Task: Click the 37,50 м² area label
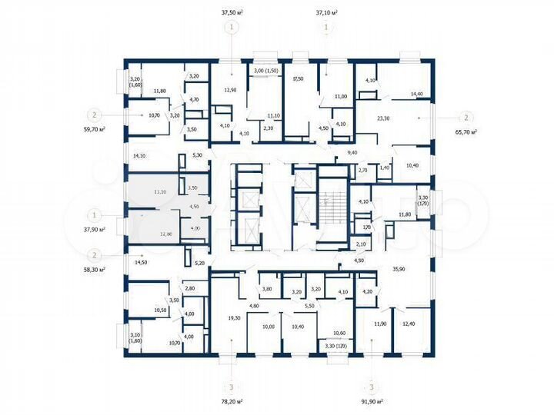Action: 231,13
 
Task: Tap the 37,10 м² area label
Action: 327,13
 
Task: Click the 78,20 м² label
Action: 231,401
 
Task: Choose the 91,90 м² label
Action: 372,401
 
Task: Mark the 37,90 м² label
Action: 95,228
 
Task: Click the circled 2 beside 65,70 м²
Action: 466,118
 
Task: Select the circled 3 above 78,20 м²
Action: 231,387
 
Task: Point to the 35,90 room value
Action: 399,269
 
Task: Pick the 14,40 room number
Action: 417,94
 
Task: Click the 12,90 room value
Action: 229,91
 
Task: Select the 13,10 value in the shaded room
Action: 160,192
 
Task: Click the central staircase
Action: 326,204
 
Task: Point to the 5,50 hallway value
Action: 309,307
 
